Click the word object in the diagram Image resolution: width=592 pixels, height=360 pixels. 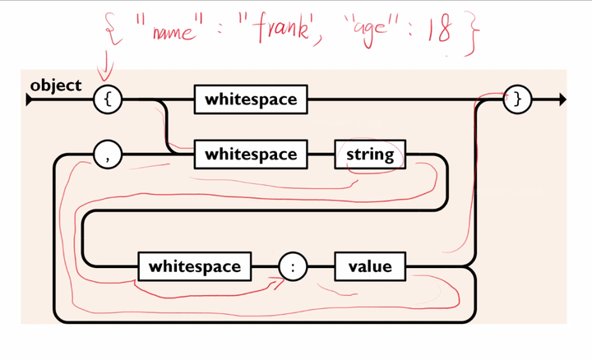tap(55, 85)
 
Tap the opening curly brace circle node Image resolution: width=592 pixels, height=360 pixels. tap(108, 99)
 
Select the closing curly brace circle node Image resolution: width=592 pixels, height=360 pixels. tap(518, 99)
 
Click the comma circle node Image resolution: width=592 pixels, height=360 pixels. tap(108, 155)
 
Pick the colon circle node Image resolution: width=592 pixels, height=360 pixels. tap(293, 266)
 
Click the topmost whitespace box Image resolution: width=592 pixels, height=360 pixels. tap(250, 99)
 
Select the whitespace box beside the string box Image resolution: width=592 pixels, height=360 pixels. tap(250, 155)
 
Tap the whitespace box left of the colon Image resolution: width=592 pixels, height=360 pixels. tap(194, 266)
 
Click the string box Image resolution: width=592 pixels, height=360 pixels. tap(370, 155)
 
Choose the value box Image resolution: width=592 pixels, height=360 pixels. tap(370, 266)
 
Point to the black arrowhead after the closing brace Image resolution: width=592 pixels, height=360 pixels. tap(562, 99)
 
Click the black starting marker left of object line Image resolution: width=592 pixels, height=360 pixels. tap(30, 100)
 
